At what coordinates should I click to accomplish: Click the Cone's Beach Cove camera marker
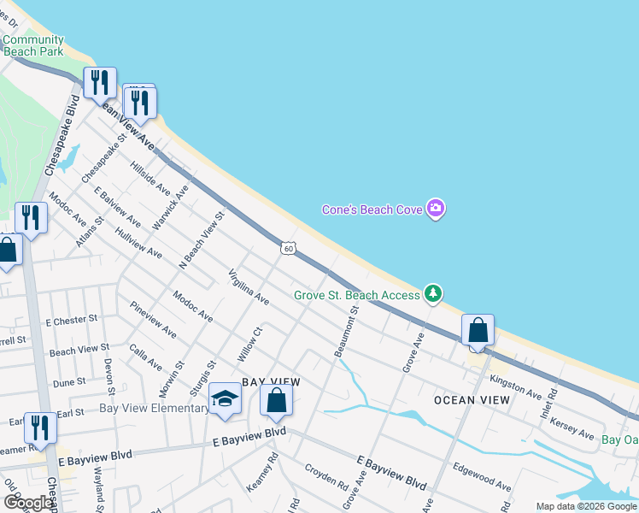(436, 209)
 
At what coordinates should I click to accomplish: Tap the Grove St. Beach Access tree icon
(434, 294)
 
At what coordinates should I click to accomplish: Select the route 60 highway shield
(290, 248)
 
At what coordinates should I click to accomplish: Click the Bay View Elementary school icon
(225, 399)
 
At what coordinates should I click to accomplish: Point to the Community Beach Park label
(33, 45)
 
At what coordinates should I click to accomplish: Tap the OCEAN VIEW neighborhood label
(472, 400)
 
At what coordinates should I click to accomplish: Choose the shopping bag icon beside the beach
(478, 330)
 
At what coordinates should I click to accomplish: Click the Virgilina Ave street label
(249, 287)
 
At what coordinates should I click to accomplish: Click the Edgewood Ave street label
(483, 477)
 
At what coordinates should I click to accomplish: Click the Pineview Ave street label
(153, 318)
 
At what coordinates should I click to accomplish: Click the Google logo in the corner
(27, 503)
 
